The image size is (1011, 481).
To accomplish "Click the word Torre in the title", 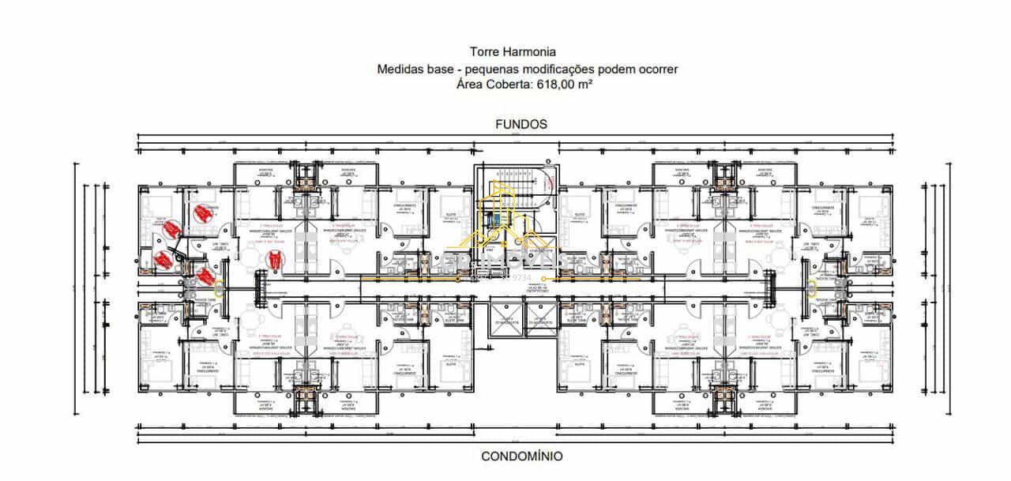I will click(x=483, y=54).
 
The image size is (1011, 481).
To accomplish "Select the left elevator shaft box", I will click(x=506, y=315).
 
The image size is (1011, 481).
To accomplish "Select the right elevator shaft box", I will click(x=539, y=315).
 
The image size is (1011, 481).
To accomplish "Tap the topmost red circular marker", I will click(x=203, y=212).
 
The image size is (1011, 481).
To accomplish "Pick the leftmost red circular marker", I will click(x=163, y=259).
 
